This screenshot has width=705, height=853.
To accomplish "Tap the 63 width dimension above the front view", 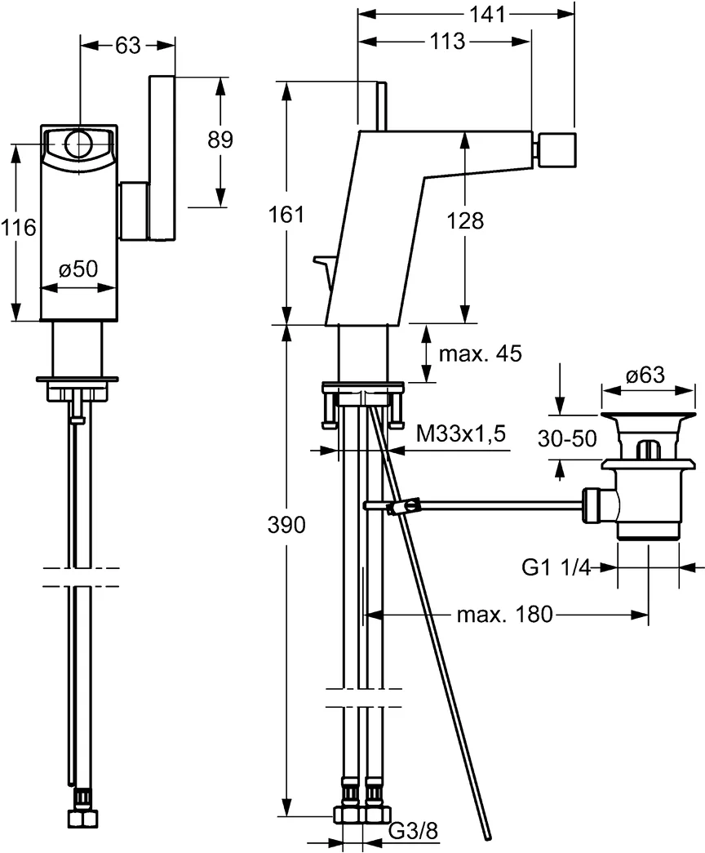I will point(126,47).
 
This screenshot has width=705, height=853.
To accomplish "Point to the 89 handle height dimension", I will point(219,140).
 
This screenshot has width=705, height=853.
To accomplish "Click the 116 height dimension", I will point(19,228).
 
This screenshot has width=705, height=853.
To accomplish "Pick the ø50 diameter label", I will point(78,269).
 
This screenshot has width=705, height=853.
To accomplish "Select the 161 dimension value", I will point(286,215).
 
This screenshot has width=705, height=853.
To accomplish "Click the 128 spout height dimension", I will point(465,220).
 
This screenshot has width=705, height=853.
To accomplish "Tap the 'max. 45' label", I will point(480,353).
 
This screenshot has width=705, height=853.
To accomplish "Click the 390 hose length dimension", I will point(287,525).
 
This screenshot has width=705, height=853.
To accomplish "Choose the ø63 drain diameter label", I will point(645,375).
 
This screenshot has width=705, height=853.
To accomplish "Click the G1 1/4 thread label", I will point(556,566).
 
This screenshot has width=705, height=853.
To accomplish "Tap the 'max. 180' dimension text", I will point(504,614).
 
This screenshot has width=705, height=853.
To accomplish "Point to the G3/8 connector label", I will point(413,831).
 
